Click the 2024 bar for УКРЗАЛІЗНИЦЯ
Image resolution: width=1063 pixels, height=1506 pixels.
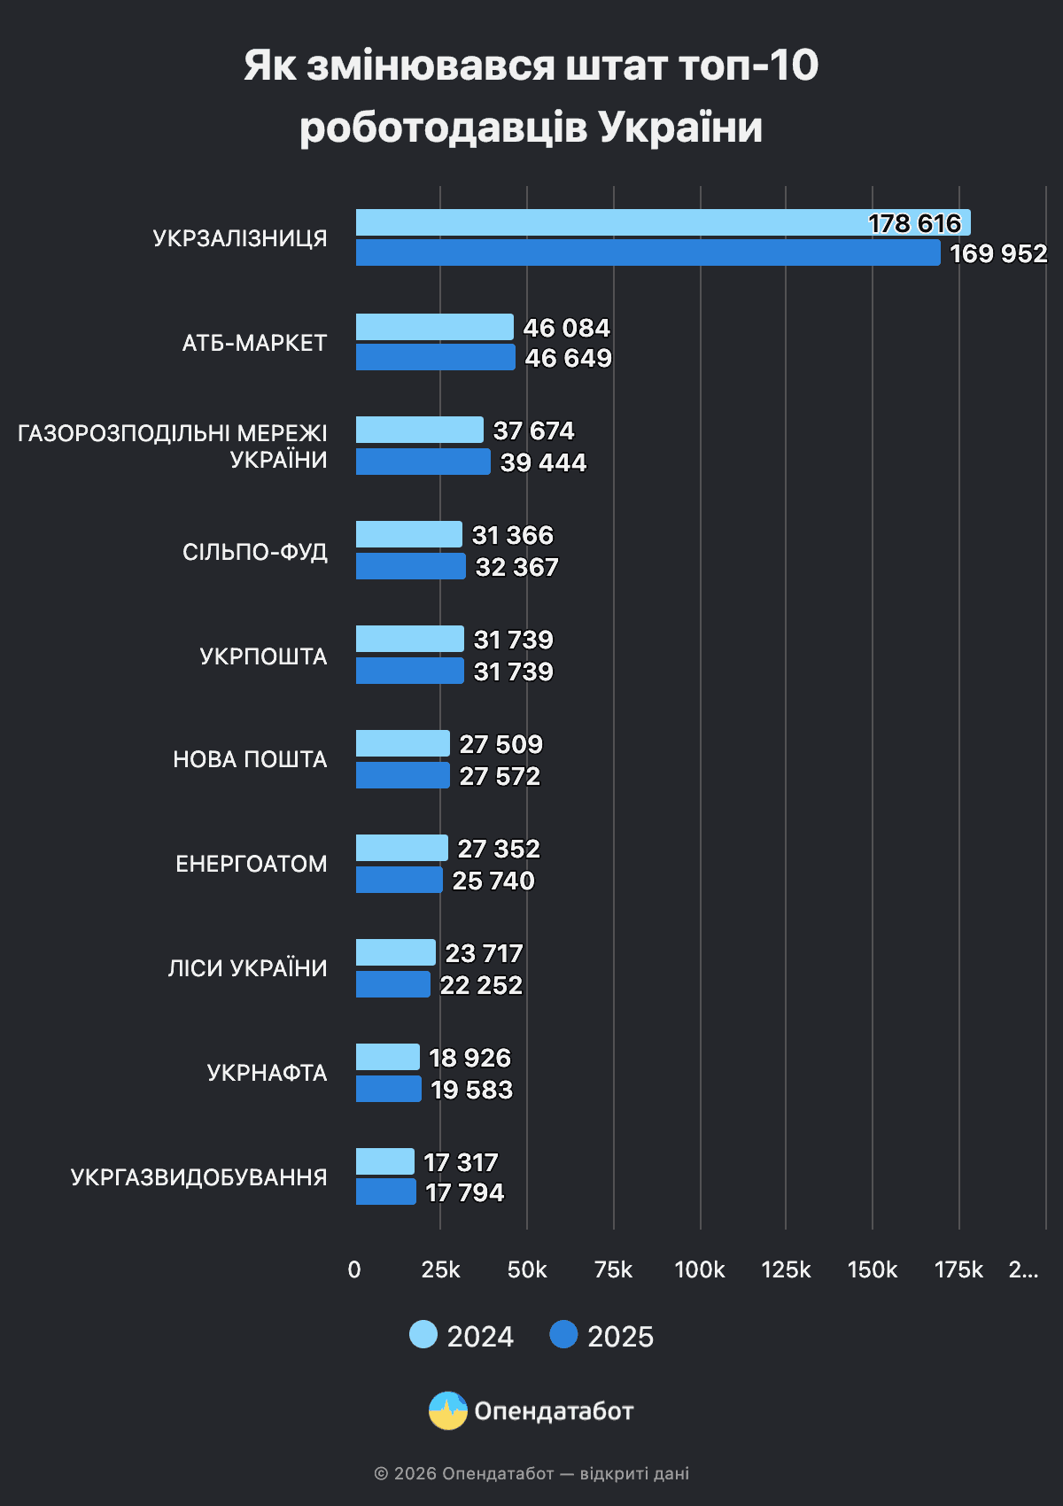(663, 223)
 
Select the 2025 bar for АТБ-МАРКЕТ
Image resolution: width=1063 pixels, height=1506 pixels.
(435, 358)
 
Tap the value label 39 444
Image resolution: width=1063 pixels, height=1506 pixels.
(543, 462)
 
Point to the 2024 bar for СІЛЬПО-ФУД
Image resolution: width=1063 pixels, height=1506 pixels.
(408, 535)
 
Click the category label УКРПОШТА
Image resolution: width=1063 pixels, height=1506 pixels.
(263, 656)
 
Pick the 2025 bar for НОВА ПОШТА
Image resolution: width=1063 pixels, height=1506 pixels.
(402, 776)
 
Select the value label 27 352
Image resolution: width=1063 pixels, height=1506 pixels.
(499, 849)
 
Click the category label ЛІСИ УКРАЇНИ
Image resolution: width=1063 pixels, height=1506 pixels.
(247, 968)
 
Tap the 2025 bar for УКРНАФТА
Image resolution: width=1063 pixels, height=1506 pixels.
(388, 1090)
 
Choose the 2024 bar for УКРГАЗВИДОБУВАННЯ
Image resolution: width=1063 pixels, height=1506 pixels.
(384, 1162)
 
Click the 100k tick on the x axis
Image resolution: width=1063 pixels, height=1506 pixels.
(700, 1269)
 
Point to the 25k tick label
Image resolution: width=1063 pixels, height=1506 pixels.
(440, 1269)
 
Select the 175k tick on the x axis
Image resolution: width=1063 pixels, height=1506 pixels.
(958, 1269)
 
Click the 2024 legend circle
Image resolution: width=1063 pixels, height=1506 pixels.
(423, 1335)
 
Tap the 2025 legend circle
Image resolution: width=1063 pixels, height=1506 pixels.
(563, 1335)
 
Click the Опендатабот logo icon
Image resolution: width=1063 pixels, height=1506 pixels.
(448, 1411)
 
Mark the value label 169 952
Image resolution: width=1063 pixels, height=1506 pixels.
(998, 254)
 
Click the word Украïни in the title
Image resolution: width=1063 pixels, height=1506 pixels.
(680, 127)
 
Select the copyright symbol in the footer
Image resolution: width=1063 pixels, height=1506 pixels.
(381, 1474)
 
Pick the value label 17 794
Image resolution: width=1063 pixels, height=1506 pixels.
(464, 1193)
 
